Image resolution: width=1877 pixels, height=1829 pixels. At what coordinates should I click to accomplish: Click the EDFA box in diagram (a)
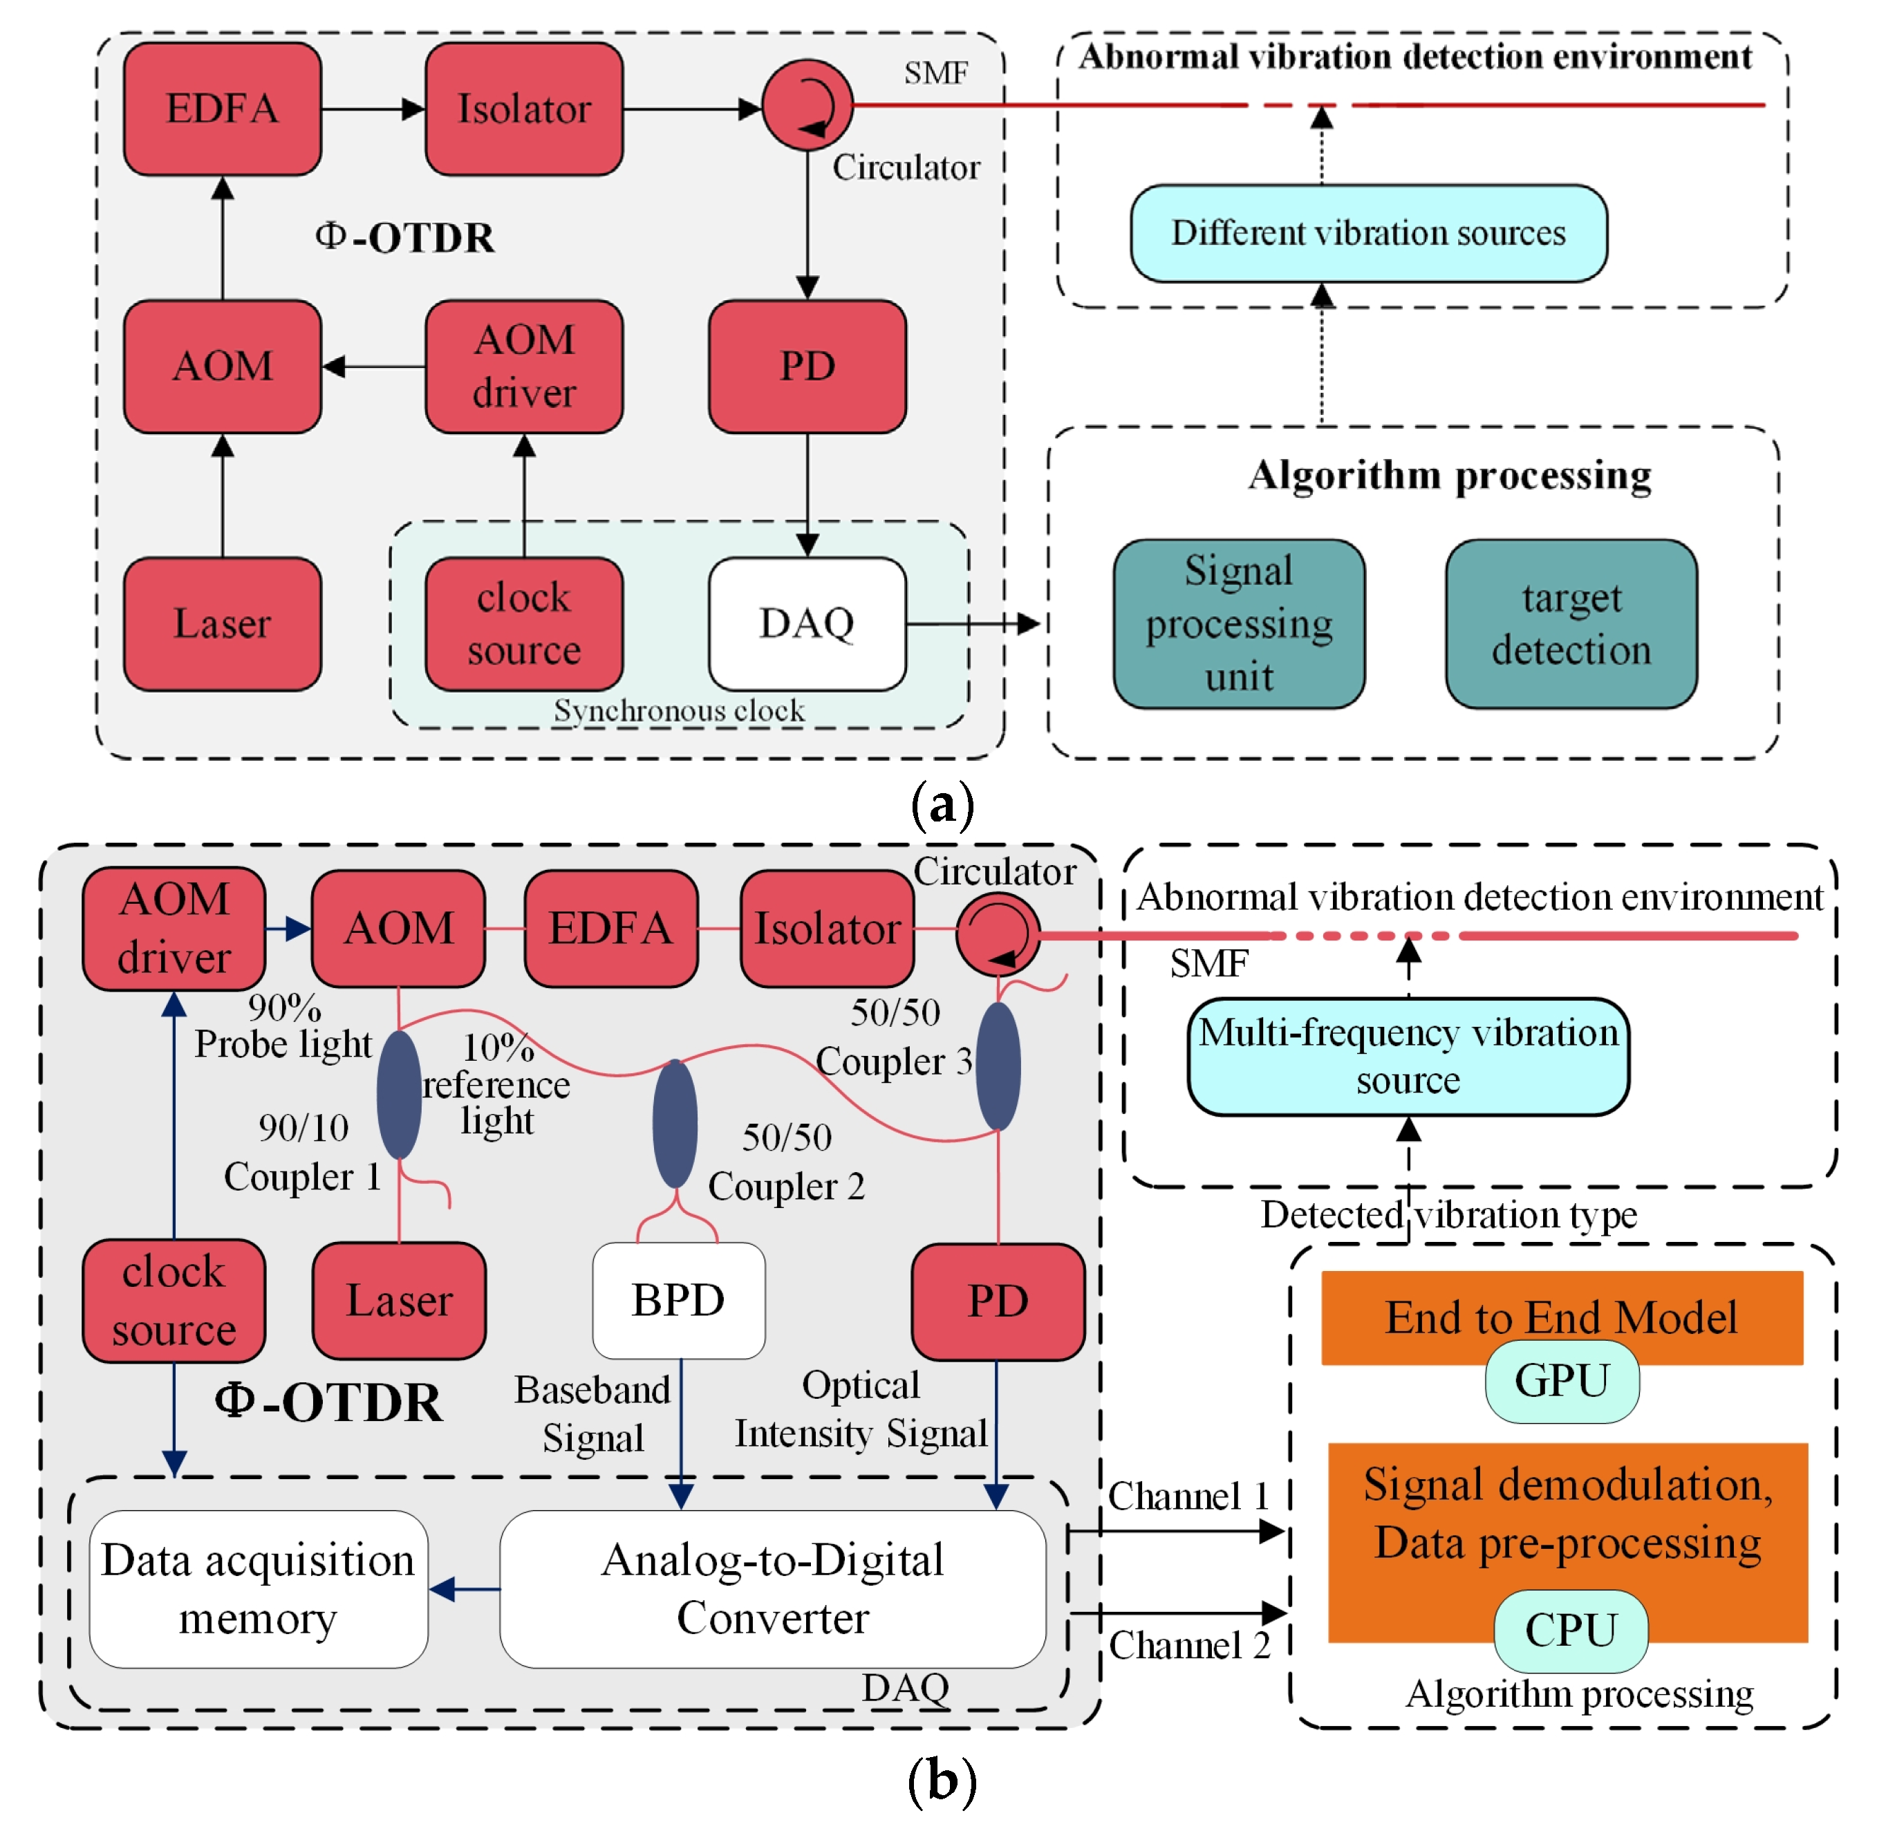[222, 109]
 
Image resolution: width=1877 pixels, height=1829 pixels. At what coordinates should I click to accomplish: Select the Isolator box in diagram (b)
[826, 928]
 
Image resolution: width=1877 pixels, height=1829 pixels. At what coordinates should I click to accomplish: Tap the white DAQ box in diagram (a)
[807, 624]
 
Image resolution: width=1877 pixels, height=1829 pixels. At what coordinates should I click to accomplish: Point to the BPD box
[678, 1300]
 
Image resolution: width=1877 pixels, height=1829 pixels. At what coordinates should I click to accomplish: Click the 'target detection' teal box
[1571, 624]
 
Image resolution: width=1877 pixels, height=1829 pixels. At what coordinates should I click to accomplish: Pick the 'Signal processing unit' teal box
[1238, 624]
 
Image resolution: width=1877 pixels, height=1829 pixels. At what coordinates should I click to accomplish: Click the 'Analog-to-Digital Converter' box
[772, 1589]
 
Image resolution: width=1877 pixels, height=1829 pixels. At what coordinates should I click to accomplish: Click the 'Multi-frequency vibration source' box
[1408, 1056]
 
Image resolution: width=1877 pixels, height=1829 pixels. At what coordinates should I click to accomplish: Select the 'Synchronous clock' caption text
[678, 710]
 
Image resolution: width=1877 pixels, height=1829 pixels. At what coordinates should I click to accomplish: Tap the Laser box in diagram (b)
[399, 1300]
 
